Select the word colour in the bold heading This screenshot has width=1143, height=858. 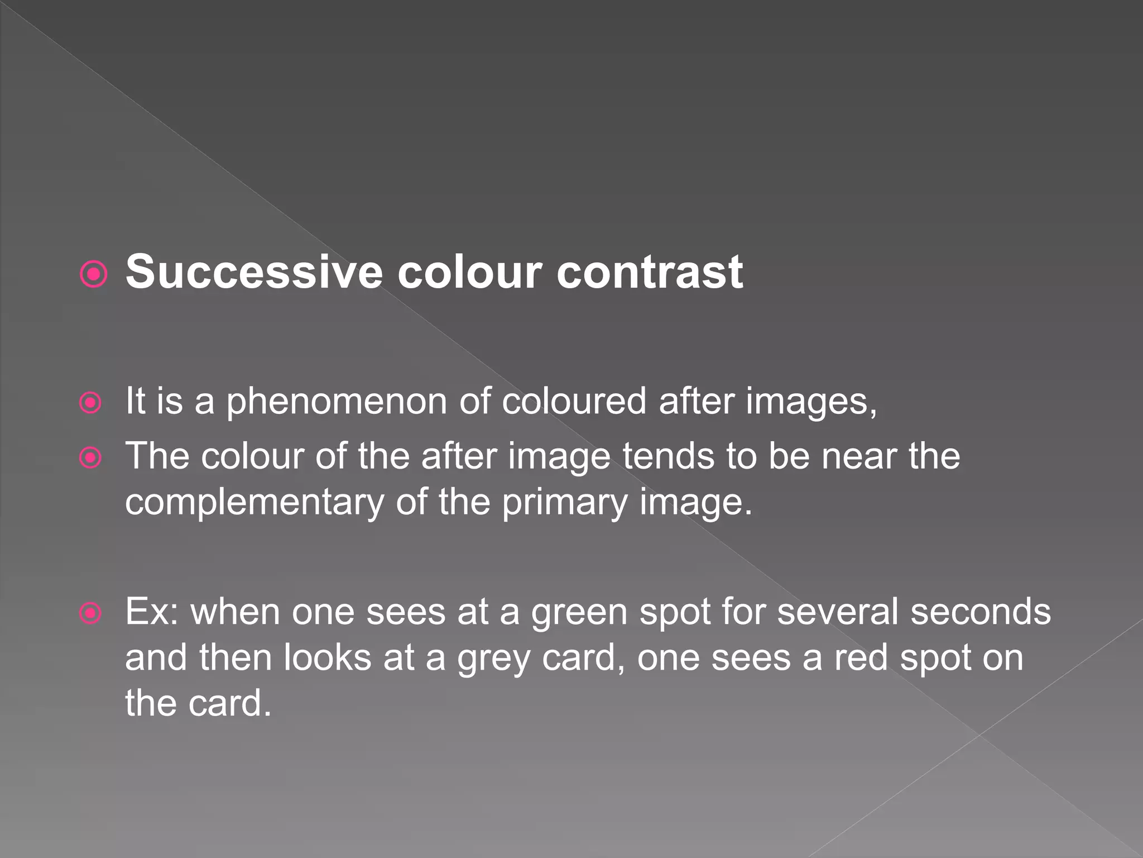pos(469,272)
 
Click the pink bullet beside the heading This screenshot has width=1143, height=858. pos(93,274)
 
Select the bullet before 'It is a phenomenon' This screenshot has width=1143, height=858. pos(90,403)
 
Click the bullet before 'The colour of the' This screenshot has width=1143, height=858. pos(90,458)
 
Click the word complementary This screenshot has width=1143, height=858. pos(254,502)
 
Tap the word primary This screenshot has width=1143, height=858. pos(565,502)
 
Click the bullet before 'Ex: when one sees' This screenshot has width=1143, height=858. pos(90,613)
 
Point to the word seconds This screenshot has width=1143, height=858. pos(981,612)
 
